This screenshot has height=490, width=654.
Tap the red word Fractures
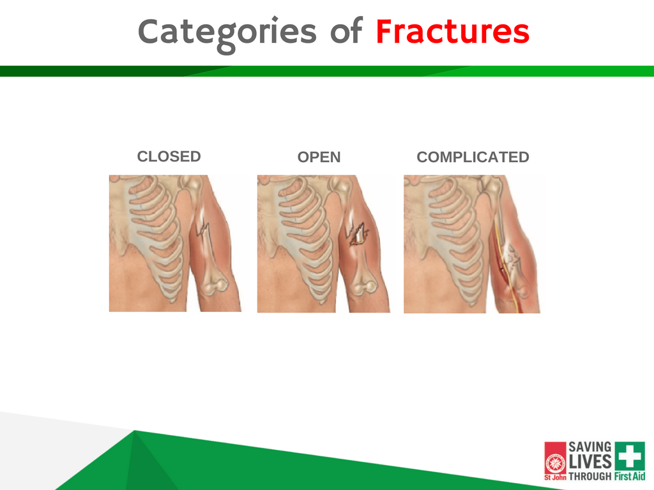453,31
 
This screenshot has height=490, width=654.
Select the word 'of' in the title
346,31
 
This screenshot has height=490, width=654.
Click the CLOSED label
169,157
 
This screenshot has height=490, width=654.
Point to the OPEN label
319,157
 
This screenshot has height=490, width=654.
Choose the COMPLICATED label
473,157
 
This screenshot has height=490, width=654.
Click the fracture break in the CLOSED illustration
202,229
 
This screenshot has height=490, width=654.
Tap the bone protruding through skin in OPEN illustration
358,236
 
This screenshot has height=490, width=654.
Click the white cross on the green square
630,456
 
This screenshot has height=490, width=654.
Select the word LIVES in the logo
590,462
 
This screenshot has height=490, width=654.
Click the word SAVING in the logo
590,447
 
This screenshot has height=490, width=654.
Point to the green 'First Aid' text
629,476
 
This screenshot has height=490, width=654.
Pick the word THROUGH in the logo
590,476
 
